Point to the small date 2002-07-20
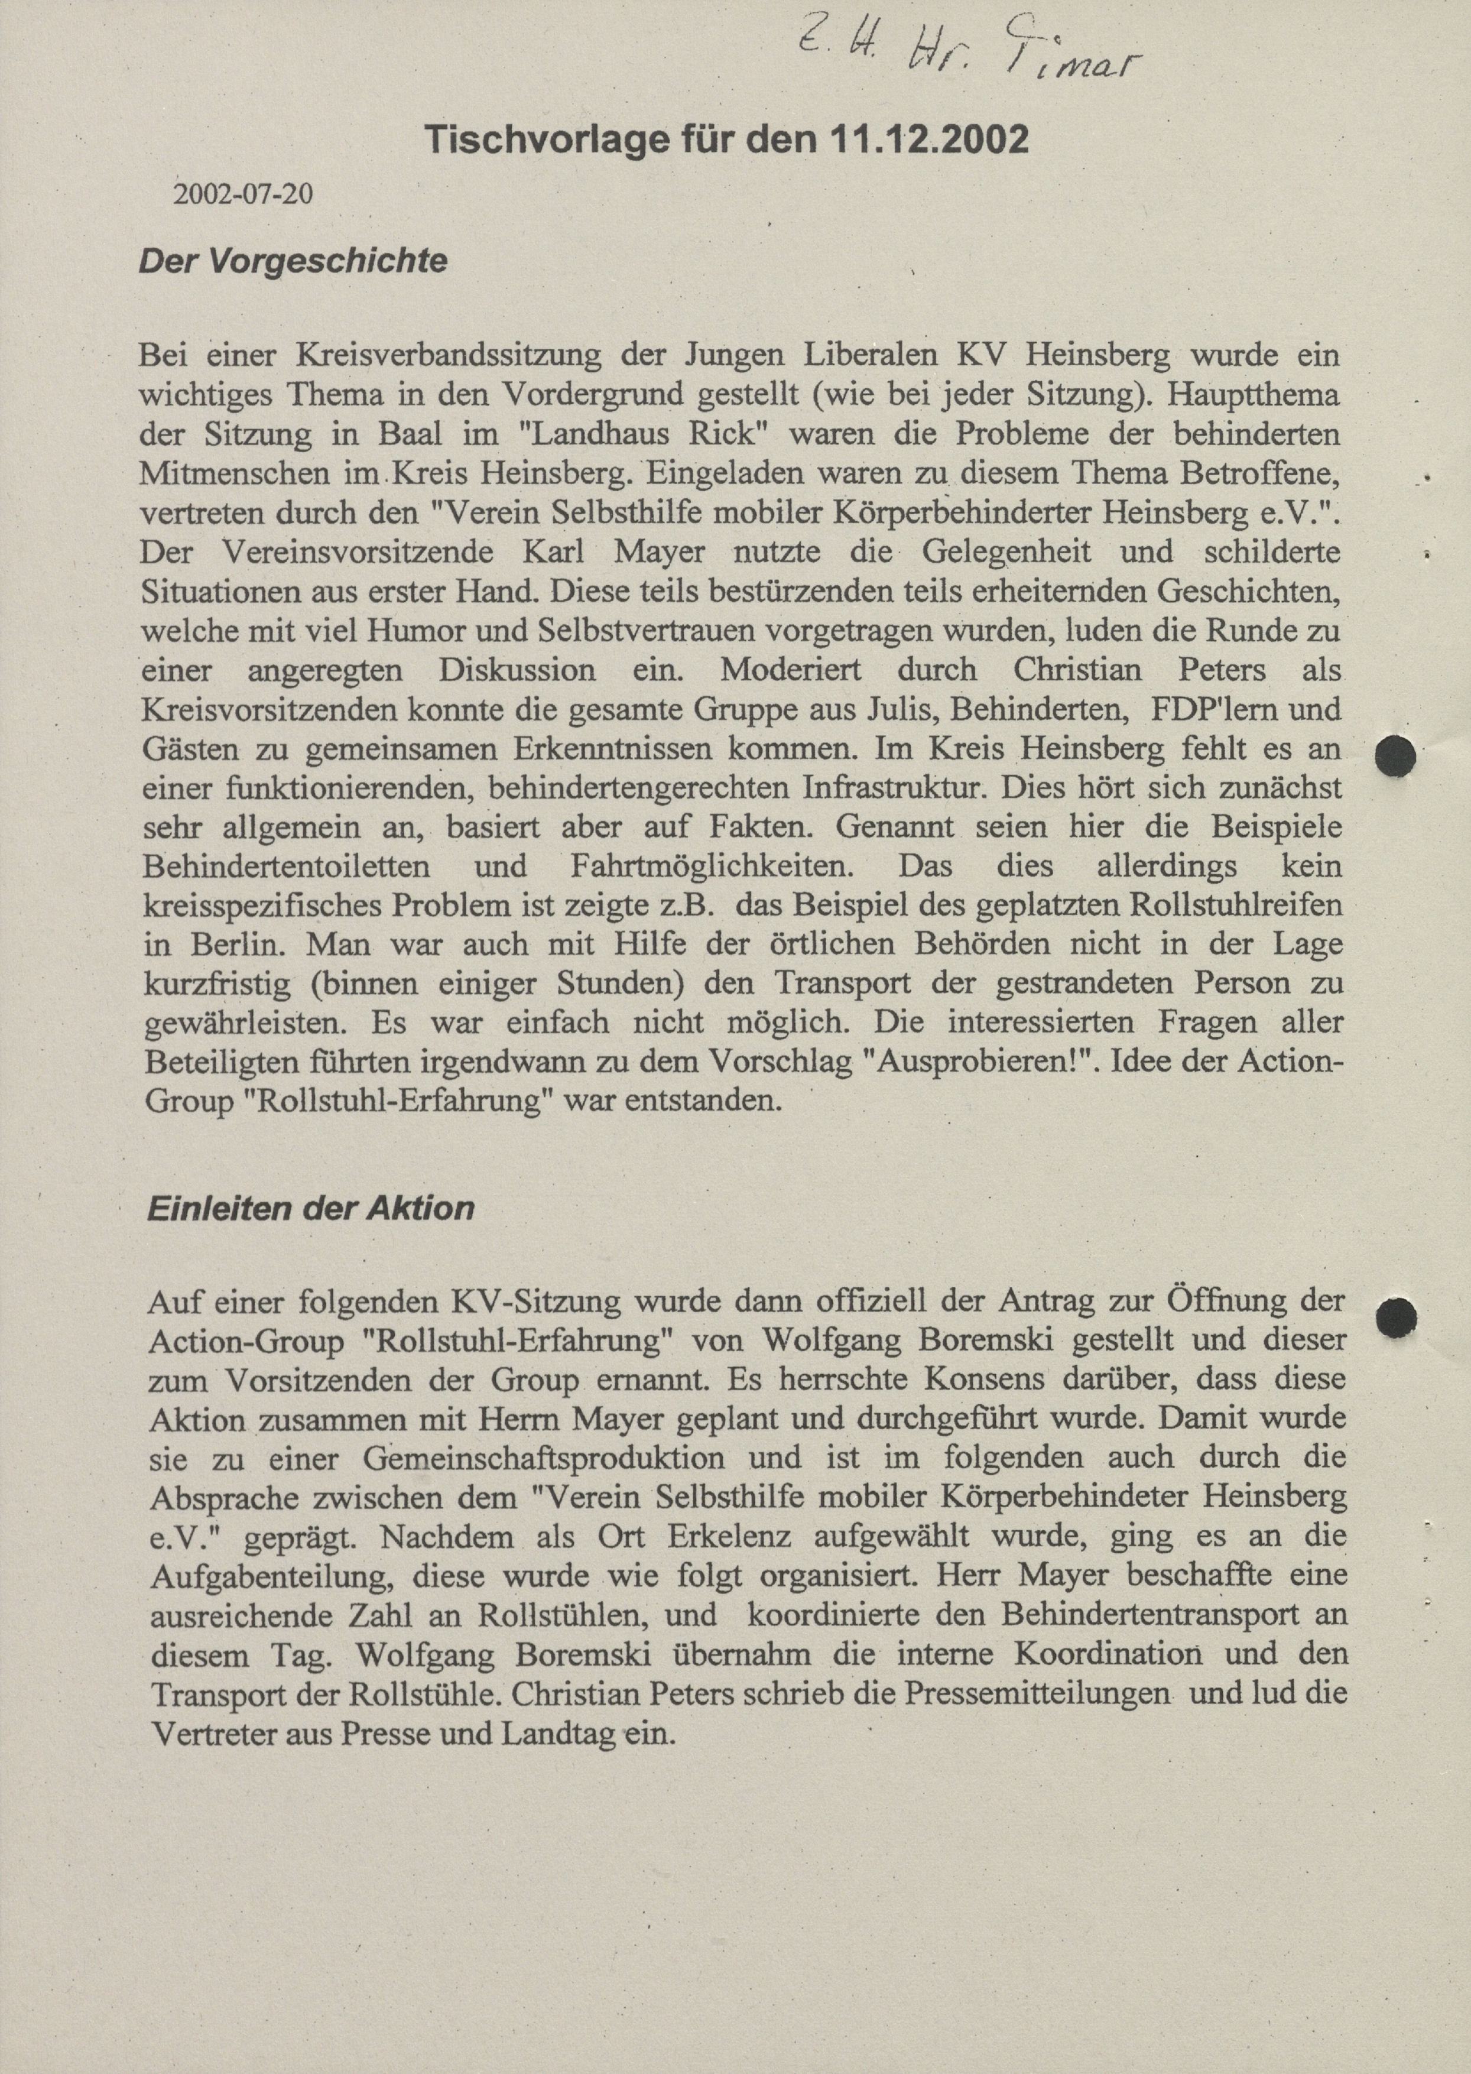[243, 194]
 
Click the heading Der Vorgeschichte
[293, 262]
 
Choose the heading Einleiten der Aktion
[311, 1208]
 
